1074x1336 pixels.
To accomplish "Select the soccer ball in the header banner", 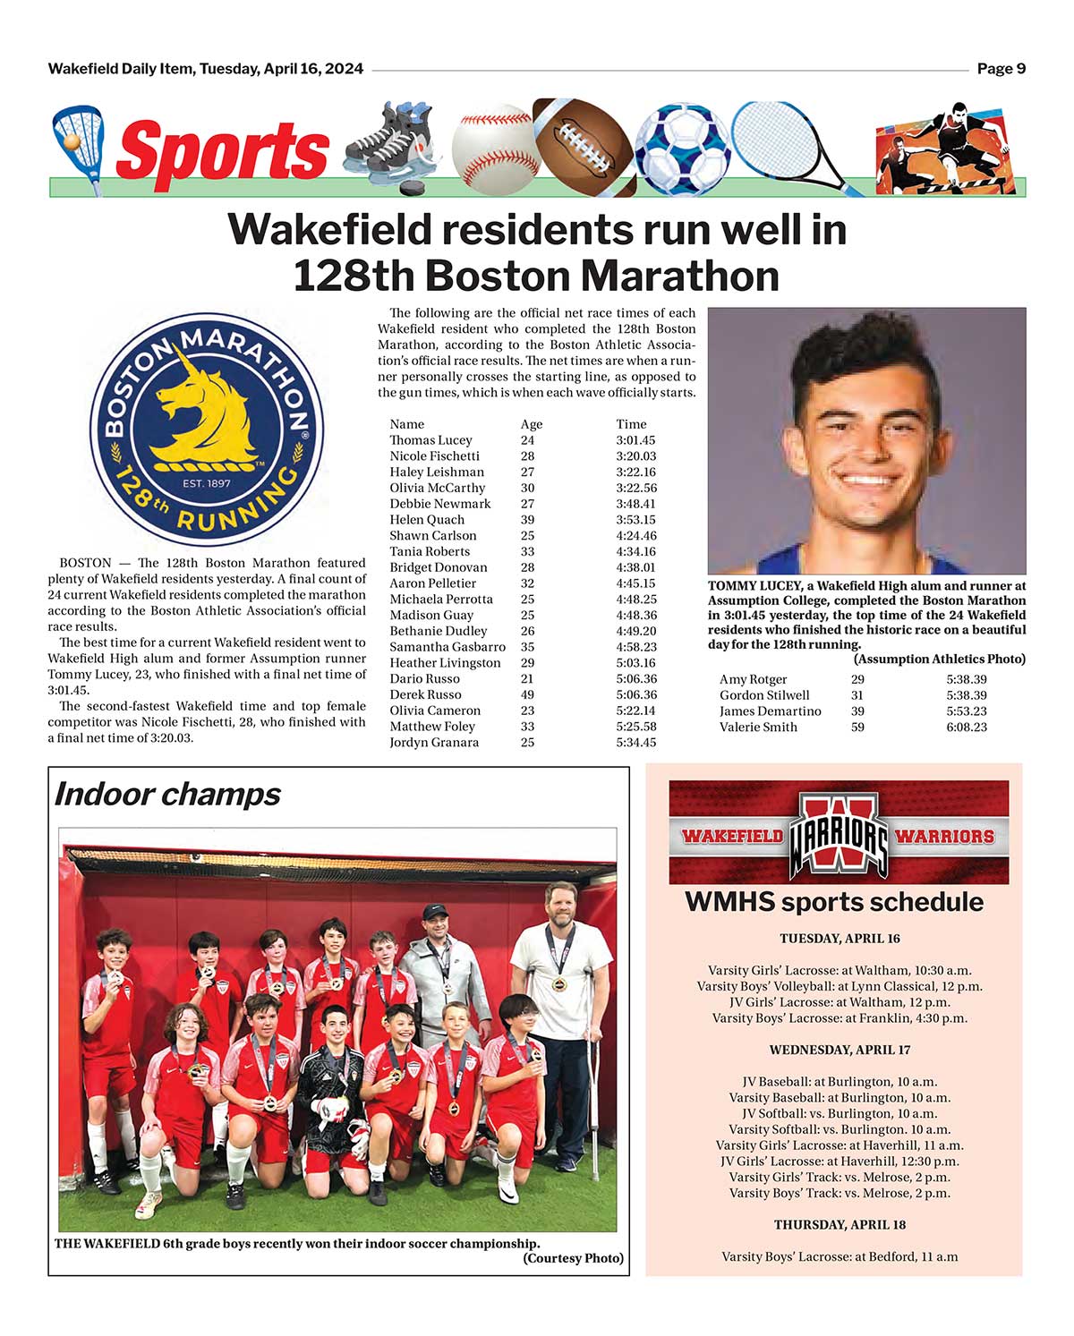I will tap(682, 148).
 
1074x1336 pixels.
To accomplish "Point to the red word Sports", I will tap(222, 150).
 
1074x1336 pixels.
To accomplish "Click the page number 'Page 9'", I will tap(1001, 69).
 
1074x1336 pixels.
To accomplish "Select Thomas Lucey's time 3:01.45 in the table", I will tap(635, 440).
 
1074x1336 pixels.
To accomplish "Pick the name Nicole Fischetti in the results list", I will tap(434, 456).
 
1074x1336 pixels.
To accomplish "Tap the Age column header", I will tap(531, 424).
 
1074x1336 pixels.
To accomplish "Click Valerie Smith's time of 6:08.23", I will tap(967, 728).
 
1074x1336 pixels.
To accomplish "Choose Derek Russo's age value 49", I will tap(527, 695).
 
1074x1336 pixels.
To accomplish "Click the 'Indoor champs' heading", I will tap(167, 795).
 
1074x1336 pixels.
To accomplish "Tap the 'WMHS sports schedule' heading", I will tap(833, 902).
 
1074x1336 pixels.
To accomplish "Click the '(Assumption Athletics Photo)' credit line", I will tap(939, 659).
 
